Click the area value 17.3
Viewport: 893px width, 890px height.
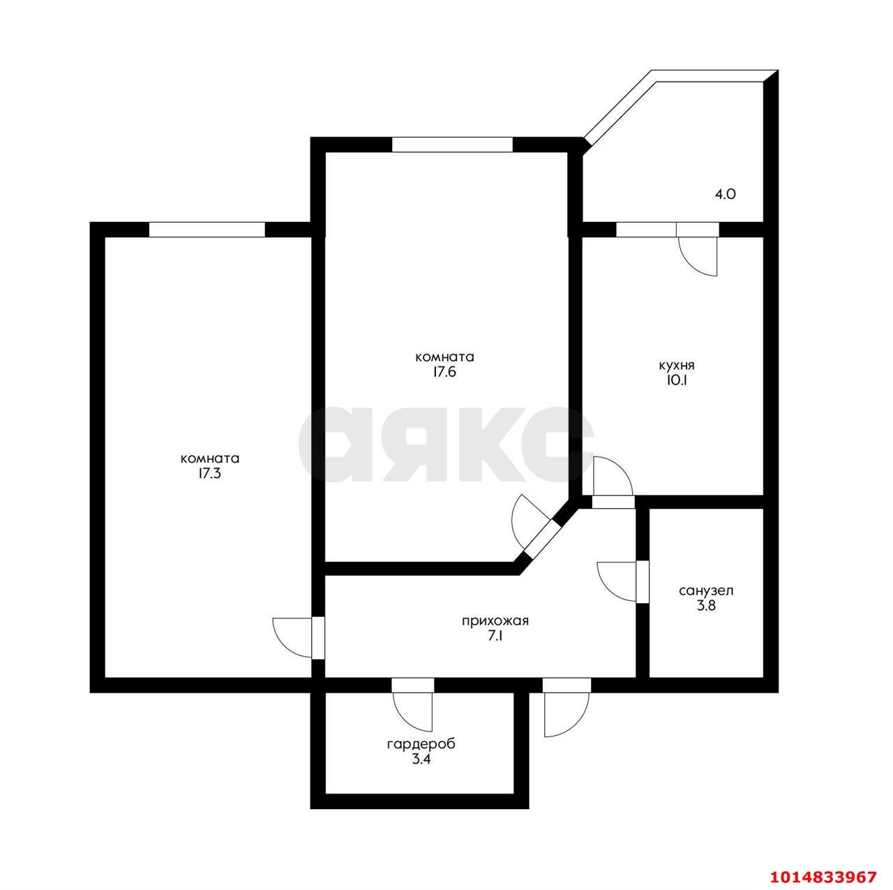[x=210, y=475]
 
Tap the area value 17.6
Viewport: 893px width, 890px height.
[x=445, y=373]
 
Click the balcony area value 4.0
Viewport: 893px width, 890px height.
[x=726, y=194]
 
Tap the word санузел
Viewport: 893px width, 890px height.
[x=706, y=591]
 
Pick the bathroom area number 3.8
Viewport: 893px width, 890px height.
[x=706, y=606]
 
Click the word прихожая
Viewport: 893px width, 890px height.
[x=495, y=621]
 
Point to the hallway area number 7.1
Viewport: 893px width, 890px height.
[x=495, y=637]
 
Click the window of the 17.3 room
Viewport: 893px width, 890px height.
[x=207, y=230]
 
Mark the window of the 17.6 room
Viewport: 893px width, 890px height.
[x=452, y=144]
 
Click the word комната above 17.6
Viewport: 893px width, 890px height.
[x=445, y=357]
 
